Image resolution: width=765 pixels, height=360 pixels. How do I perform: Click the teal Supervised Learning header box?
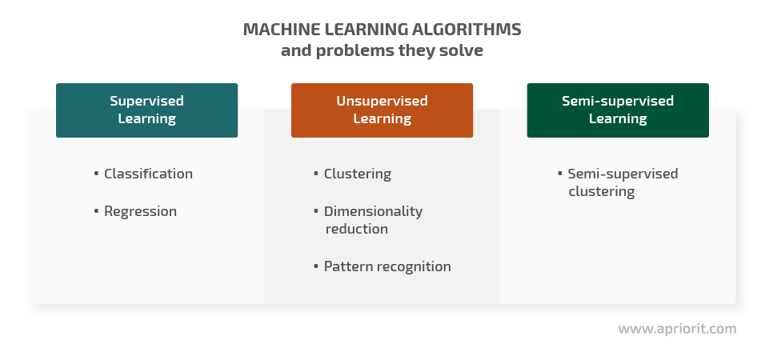(147, 110)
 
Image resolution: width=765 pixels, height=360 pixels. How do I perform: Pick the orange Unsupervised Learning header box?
(382, 110)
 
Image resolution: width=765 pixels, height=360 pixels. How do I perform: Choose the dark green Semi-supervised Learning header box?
(618, 110)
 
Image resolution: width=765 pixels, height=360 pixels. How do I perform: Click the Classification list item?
(148, 174)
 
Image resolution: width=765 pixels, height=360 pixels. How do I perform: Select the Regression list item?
(141, 212)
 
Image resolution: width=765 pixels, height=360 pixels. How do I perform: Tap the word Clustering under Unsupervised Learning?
(358, 174)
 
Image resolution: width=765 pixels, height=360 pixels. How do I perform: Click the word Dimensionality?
(373, 212)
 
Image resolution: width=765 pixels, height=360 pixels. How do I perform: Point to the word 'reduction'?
(357, 229)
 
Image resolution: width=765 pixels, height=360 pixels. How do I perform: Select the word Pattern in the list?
(346, 266)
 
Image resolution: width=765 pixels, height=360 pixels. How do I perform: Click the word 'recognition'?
(411, 267)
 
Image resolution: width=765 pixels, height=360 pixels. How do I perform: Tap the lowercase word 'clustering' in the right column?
(602, 191)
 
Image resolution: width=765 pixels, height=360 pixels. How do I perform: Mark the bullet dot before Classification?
(96, 173)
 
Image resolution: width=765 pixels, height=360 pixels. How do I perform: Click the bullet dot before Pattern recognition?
(316, 266)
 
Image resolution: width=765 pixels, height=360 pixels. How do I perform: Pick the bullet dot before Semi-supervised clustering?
(560, 173)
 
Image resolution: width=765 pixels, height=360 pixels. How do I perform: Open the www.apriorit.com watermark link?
(677, 330)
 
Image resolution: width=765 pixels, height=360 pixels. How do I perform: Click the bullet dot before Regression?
(96, 211)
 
